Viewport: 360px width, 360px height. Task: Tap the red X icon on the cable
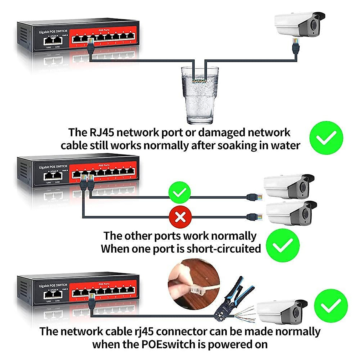pos(180,217)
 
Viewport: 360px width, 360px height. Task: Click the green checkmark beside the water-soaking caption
pos(326,138)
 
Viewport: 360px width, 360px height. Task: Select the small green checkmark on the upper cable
pos(179,193)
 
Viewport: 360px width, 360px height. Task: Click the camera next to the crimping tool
pos(282,312)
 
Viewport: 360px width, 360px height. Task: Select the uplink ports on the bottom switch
pos(53,294)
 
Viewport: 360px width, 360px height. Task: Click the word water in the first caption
pos(285,145)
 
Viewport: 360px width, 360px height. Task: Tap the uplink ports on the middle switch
pos(53,175)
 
